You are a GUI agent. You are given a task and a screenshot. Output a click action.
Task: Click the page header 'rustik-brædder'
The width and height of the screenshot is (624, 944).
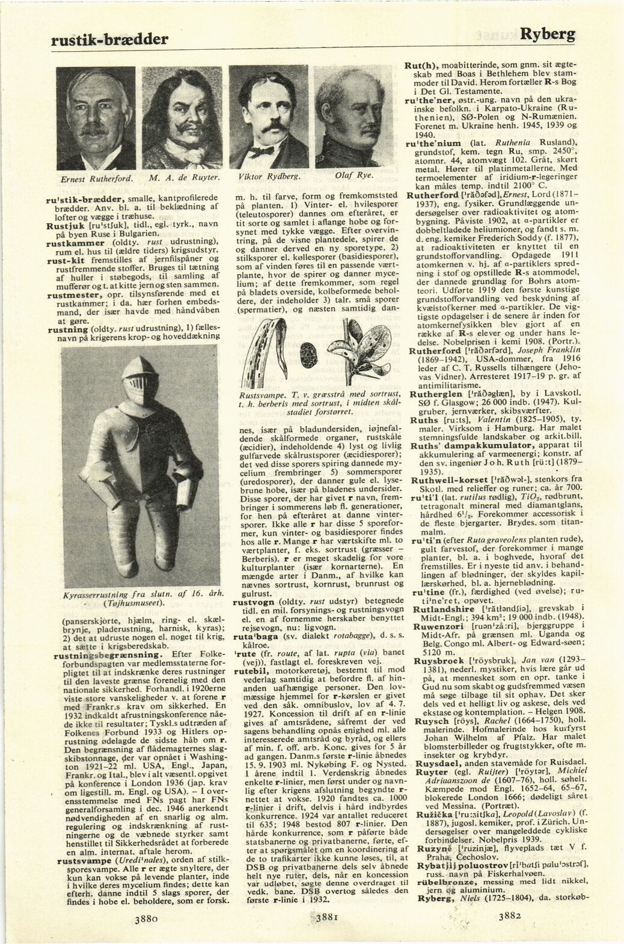click(108, 39)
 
